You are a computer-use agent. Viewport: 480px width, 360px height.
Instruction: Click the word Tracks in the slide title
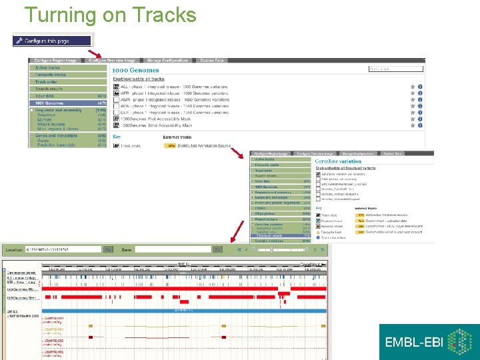coord(164,15)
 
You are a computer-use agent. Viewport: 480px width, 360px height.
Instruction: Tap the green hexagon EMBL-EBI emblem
coord(459,342)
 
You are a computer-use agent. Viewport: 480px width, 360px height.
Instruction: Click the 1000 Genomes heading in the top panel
coord(135,70)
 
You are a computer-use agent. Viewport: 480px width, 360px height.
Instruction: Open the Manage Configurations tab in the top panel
coord(167,61)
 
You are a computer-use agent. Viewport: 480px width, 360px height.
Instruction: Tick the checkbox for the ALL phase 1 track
coord(116,87)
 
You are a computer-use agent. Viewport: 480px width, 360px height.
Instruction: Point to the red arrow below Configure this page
coord(95,53)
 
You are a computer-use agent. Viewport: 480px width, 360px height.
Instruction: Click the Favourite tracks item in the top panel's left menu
coord(51,75)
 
